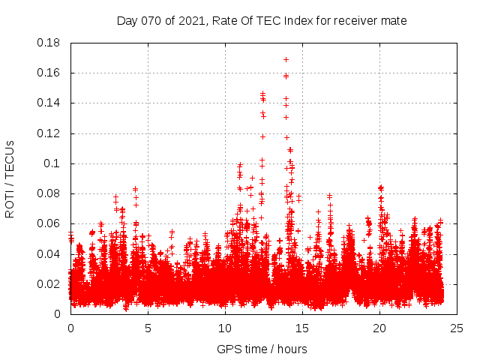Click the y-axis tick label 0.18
(x=49, y=43)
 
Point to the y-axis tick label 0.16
(x=49, y=73)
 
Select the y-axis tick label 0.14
(x=49, y=103)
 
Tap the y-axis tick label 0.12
(x=49, y=133)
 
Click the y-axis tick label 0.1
(x=53, y=163)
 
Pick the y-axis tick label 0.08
(x=49, y=193)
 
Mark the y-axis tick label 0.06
(x=49, y=223)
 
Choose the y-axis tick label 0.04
(x=49, y=253)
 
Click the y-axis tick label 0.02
(x=49, y=284)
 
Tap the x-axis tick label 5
(x=148, y=328)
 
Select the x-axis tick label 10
(x=225, y=328)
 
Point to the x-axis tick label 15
(x=302, y=328)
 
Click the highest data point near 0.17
(x=286, y=59)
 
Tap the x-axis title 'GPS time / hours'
(x=262, y=349)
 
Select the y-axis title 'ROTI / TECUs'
(x=10, y=178)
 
